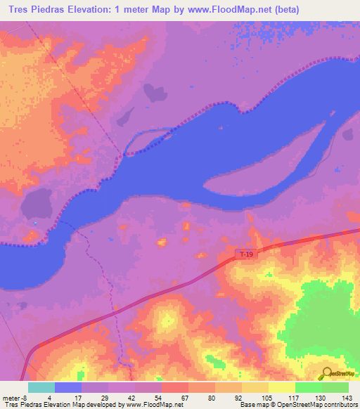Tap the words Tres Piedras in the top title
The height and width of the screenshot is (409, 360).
point(34,10)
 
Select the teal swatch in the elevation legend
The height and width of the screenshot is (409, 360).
point(41,387)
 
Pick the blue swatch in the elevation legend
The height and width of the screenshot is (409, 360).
point(67,387)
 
